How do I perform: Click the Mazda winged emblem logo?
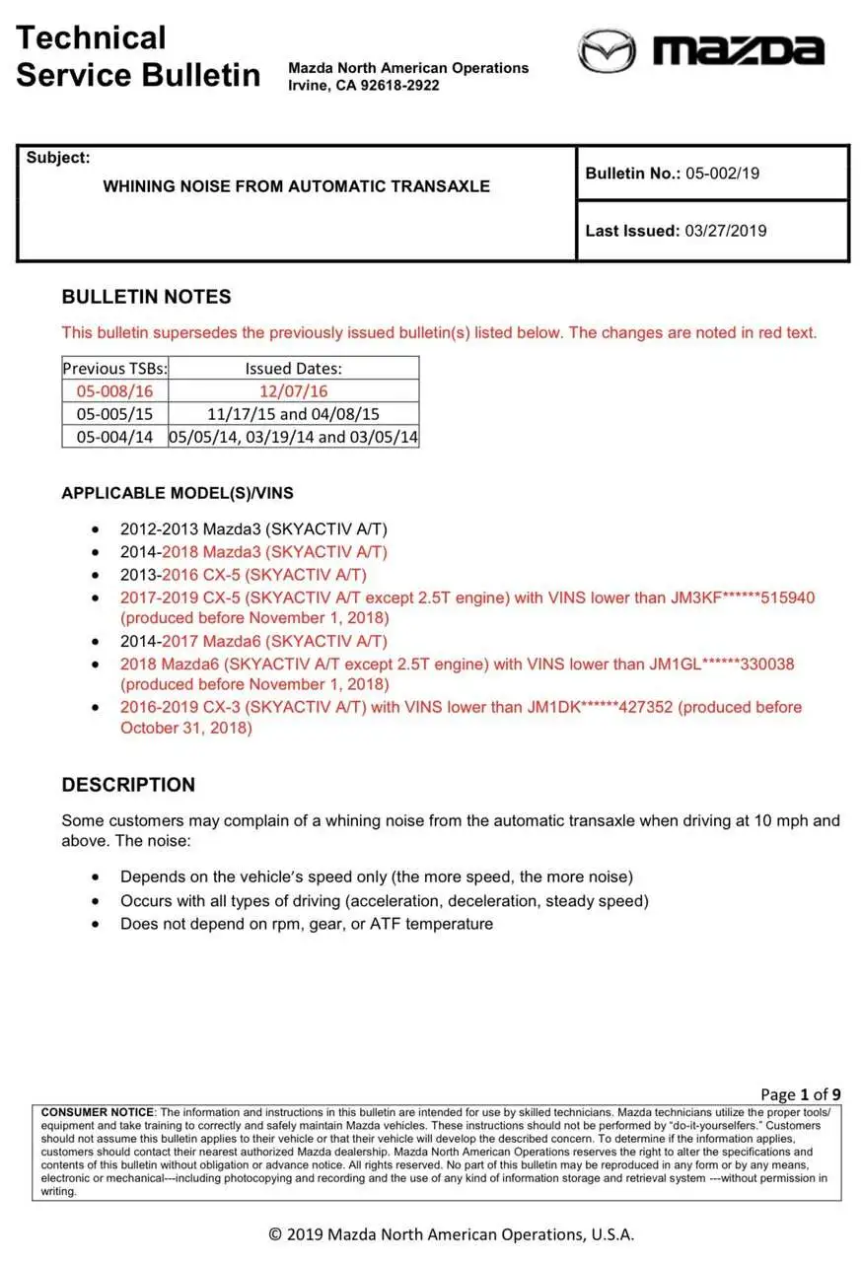606,50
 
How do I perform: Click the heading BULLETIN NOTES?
146,297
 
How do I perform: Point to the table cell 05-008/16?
114,391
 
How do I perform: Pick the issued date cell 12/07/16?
293,391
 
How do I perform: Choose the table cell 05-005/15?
114,414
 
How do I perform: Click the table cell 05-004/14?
114,437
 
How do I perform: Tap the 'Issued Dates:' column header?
293,369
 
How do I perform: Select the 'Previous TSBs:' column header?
115,369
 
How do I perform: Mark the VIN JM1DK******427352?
602,707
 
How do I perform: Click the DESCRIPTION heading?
128,785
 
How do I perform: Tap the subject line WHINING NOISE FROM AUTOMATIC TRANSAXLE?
296,186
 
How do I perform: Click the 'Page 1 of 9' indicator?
800,1094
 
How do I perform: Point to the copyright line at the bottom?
452,1234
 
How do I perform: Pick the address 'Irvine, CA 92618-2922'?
364,85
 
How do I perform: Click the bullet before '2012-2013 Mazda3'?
95,529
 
